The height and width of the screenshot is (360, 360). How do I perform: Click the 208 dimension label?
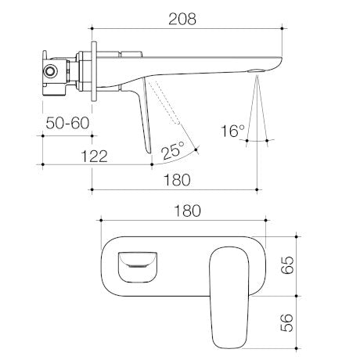coord(182,19)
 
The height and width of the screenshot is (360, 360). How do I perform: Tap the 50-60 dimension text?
coord(67,123)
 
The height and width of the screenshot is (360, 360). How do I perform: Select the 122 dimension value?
coord(94,157)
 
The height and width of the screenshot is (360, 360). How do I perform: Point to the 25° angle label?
coord(173,149)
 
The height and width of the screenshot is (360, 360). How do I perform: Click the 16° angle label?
coord(233,131)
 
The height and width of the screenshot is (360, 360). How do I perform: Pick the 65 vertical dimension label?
coord(287,265)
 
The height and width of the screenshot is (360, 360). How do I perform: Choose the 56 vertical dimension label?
coord(287,322)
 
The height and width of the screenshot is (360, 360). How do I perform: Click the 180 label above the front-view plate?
coord(187,211)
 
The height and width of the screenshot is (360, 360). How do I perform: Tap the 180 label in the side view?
coord(177,180)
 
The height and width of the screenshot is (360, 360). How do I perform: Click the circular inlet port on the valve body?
coord(49,71)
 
